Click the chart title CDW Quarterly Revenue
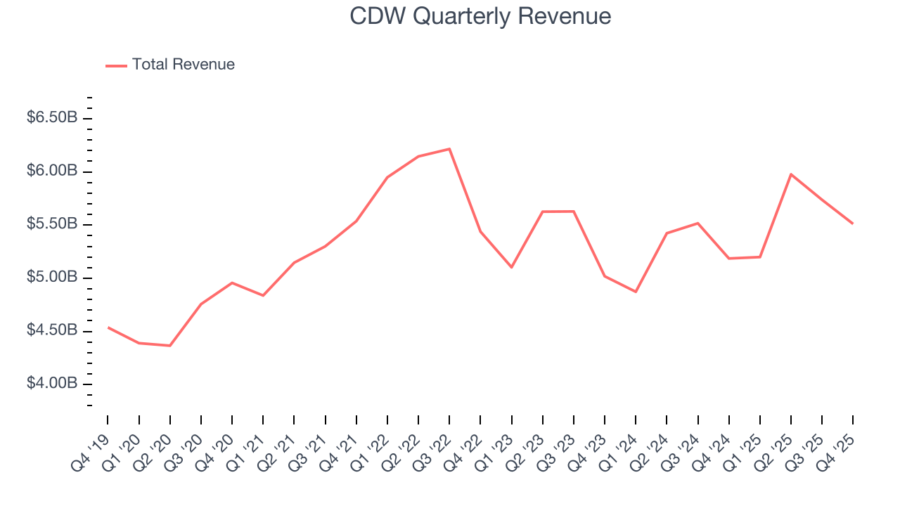coord(480,16)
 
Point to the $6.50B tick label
coord(52,118)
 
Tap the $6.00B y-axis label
coord(52,171)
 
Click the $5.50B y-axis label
coord(52,224)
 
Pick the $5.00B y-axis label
coord(52,278)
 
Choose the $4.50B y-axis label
coord(52,330)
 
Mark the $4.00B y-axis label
coord(52,384)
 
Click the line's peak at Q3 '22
coord(449,149)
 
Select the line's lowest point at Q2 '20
coord(169,346)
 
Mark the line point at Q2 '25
coord(791,174)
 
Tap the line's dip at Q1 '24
coord(636,292)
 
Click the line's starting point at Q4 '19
coord(108,327)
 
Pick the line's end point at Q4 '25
coord(853,223)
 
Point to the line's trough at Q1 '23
coord(511,267)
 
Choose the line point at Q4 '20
coord(232,283)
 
